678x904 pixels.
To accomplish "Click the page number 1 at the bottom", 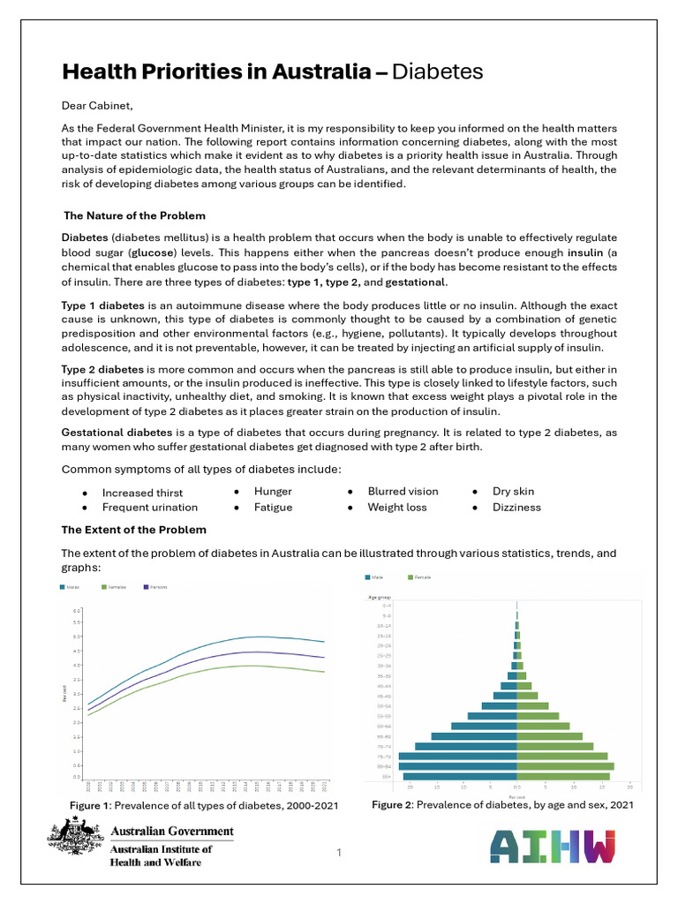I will [x=338, y=852].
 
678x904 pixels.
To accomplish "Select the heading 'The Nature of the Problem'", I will [x=135, y=215].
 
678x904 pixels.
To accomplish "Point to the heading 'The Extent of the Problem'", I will [x=133, y=530].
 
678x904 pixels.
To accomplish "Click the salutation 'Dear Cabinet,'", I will [x=96, y=106].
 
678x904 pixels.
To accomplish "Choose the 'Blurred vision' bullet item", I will [x=403, y=492].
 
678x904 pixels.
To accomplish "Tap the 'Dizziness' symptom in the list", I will [x=516, y=508].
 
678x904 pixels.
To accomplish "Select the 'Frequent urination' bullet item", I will [x=150, y=508].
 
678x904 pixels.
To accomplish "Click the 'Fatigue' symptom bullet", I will [x=273, y=508].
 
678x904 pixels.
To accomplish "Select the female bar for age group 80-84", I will [x=565, y=766].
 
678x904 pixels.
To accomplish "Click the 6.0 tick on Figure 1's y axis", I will [x=77, y=611].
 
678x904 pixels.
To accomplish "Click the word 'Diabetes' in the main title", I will [x=437, y=72].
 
